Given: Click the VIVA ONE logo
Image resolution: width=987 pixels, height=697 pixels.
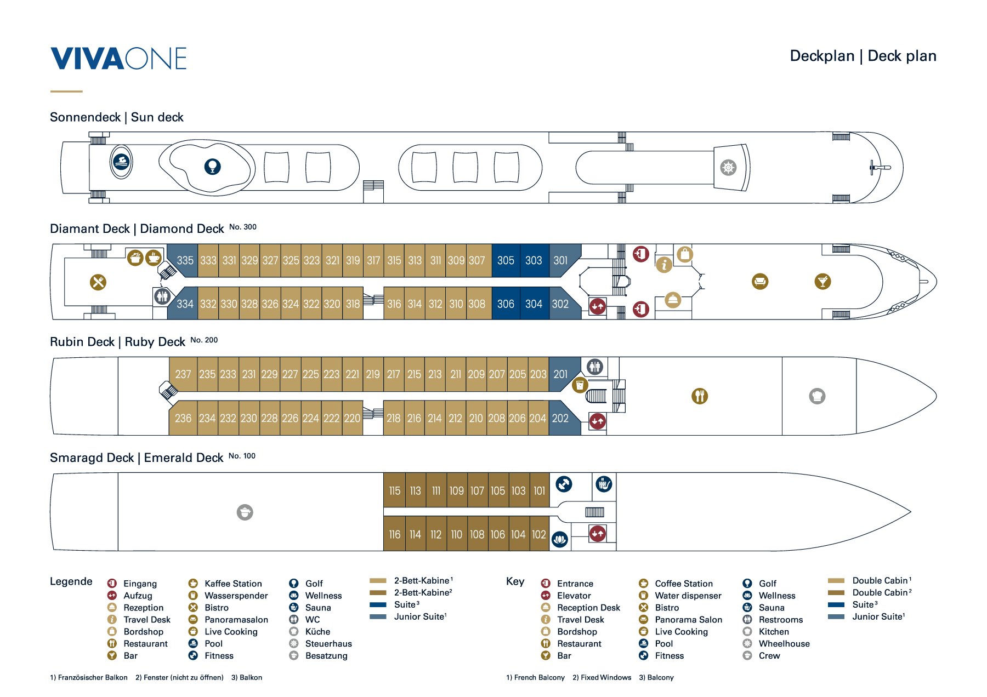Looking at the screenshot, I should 118,59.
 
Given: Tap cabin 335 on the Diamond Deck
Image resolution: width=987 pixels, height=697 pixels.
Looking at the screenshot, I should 185,260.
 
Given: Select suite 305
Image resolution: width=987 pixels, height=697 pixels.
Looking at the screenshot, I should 506,260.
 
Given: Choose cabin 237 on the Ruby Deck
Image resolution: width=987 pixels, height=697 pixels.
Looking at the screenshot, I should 183,374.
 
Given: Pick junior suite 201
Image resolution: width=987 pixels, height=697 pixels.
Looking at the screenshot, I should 560,374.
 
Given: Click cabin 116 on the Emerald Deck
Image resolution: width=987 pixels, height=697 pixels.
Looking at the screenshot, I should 394,534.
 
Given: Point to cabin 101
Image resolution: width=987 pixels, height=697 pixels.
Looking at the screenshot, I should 539,491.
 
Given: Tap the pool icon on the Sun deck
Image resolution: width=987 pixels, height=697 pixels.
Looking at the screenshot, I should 121,162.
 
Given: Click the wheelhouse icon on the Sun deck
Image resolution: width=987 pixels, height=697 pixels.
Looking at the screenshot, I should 728,168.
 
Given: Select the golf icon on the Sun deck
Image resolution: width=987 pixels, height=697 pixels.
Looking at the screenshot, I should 212,166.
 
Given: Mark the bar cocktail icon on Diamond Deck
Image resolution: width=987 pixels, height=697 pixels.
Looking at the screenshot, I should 822,282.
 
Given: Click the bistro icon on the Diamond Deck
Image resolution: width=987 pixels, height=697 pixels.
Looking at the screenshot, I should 98,282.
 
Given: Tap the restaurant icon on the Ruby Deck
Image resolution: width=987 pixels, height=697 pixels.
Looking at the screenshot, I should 700,396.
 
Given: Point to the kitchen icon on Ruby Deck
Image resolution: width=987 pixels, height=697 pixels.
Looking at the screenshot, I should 817,396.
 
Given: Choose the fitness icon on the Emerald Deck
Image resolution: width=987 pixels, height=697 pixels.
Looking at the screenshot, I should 564,484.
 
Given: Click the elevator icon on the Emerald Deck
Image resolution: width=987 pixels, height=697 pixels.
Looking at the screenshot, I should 597,533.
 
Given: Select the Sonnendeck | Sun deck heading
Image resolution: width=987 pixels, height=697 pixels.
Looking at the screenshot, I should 116,117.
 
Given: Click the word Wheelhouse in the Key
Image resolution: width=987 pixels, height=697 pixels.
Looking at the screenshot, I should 784,644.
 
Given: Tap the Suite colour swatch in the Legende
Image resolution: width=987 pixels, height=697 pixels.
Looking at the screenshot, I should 378,605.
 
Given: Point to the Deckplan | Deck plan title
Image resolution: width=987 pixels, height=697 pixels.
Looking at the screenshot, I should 863,56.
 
